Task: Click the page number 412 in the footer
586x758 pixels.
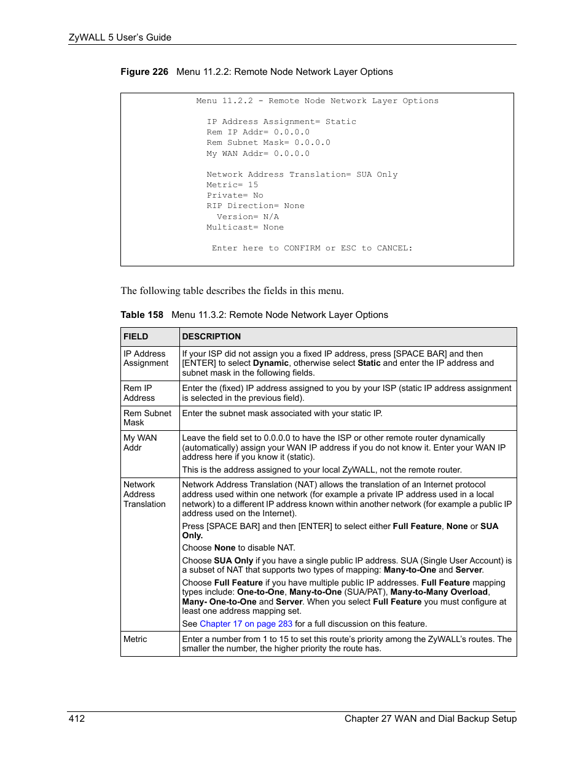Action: coord(77,718)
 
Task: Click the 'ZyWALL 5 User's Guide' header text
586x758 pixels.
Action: coord(120,37)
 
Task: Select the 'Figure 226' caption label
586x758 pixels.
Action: coord(144,72)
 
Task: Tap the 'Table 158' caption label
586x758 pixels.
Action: coord(141,315)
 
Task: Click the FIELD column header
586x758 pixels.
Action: coord(136,336)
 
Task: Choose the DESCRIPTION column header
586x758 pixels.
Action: coord(211,336)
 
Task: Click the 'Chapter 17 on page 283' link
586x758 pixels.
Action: coord(246,624)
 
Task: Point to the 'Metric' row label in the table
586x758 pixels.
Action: coord(135,639)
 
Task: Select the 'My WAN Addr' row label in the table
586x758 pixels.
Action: coord(139,443)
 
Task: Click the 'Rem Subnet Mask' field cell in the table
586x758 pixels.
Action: coord(147,418)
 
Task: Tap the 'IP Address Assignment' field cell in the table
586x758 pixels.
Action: coord(146,358)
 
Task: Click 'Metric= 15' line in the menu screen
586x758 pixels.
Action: coord(232,185)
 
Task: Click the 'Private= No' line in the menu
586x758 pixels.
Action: coord(235,195)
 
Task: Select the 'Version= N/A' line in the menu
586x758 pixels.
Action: coord(248,217)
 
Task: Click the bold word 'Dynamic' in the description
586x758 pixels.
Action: coord(270,363)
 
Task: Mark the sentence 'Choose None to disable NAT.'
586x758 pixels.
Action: coord(238,547)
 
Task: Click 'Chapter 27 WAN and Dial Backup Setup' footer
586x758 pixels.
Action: coord(430,718)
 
